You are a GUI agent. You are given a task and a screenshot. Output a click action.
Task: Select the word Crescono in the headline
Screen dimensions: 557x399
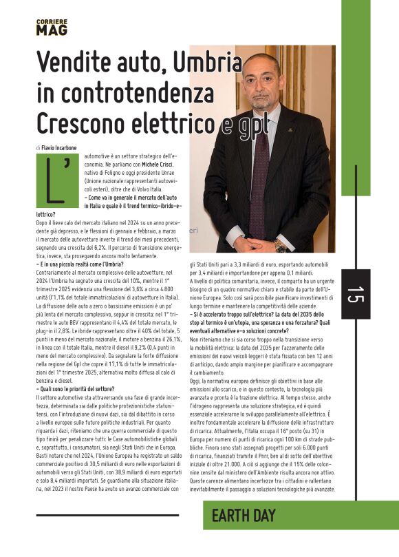point(78,123)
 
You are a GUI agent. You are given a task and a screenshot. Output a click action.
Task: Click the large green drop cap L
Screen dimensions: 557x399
point(52,179)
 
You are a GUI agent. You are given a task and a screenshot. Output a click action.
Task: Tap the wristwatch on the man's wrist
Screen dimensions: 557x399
point(280,245)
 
